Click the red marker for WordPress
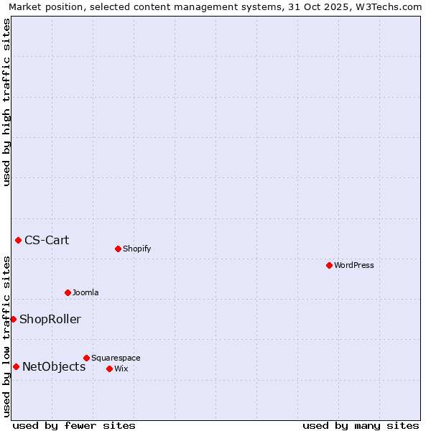[329, 265]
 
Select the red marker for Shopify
[118, 249]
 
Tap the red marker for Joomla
[68, 292]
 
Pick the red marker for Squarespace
[86, 358]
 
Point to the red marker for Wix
[109, 369]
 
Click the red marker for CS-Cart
[18, 240]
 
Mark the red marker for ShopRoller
[13, 319]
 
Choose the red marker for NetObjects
[16, 366]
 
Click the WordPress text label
[354, 265]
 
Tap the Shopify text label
[136, 249]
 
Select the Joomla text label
[85, 292]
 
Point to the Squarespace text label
[116, 358]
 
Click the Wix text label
[121, 369]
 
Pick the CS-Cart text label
[47, 240]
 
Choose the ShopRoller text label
[50, 319]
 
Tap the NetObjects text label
[54, 366]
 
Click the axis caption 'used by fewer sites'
[74, 425]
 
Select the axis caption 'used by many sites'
[361, 425]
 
